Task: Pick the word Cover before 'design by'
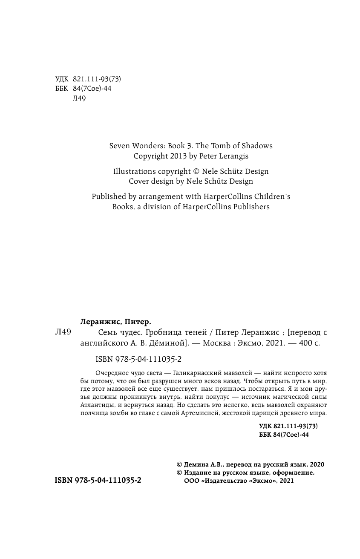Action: pyautogui.click(x=140, y=181)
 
